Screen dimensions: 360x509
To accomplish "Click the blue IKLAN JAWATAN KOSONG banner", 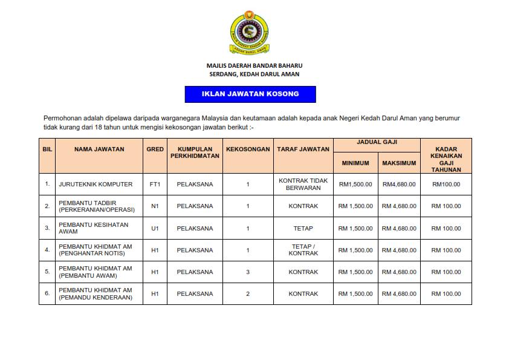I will tap(250, 94).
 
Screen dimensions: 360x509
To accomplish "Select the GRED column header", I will tap(155, 149).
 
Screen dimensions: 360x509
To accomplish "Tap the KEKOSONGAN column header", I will tap(248, 149).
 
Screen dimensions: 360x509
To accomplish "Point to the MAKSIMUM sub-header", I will tap(399, 163).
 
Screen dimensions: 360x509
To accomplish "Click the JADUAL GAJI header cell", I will tap(377, 143).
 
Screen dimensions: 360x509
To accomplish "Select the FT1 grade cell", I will tap(155, 184).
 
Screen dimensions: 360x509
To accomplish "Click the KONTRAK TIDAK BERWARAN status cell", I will tap(303, 184).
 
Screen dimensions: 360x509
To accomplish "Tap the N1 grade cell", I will tap(155, 206).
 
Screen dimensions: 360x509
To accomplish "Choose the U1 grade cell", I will tap(155, 228).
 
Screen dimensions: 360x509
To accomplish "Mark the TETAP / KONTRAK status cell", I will tap(303, 250).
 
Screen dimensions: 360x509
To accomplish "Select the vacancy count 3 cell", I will tap(248, 272).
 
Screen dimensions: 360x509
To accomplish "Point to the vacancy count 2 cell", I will tap(248, 294).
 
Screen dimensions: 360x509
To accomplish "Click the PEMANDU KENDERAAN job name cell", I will tap(95, 294).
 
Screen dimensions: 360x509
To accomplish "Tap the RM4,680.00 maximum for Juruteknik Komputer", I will tap(399, 184).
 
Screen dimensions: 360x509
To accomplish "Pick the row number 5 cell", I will tap(47, 272).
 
